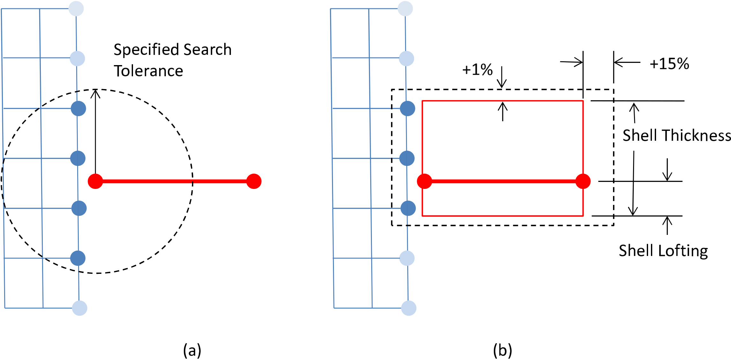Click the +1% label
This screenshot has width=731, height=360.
point(477,70)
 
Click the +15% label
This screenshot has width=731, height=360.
point(669,64)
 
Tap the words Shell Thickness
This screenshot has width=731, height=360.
point(676,135)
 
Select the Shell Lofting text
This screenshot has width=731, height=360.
point(663,251)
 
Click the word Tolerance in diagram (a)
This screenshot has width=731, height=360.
point(148,71)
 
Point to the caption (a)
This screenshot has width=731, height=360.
point(192,350)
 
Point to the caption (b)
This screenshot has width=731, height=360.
point(502,350)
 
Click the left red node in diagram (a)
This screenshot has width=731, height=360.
point(95,181)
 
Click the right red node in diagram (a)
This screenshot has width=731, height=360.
point(254,181)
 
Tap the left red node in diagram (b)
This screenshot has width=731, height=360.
point(425,181)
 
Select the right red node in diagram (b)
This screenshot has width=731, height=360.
point(583,181)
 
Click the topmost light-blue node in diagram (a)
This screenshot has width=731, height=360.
point(76,9)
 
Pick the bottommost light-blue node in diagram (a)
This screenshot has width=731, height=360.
point(80,308)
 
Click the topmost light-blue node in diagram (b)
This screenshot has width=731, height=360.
point(405,9)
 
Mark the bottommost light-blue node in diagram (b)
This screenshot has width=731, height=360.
point(409,308)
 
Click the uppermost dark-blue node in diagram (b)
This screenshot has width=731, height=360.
point(408,109)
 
